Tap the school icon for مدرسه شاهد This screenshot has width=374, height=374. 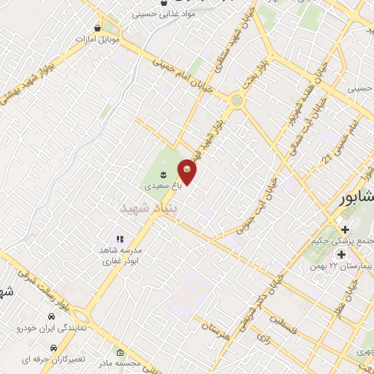pyautogui.click(x=120, y=239)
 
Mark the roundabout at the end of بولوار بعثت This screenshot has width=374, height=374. pyautogui.click(x=237, y=99)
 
